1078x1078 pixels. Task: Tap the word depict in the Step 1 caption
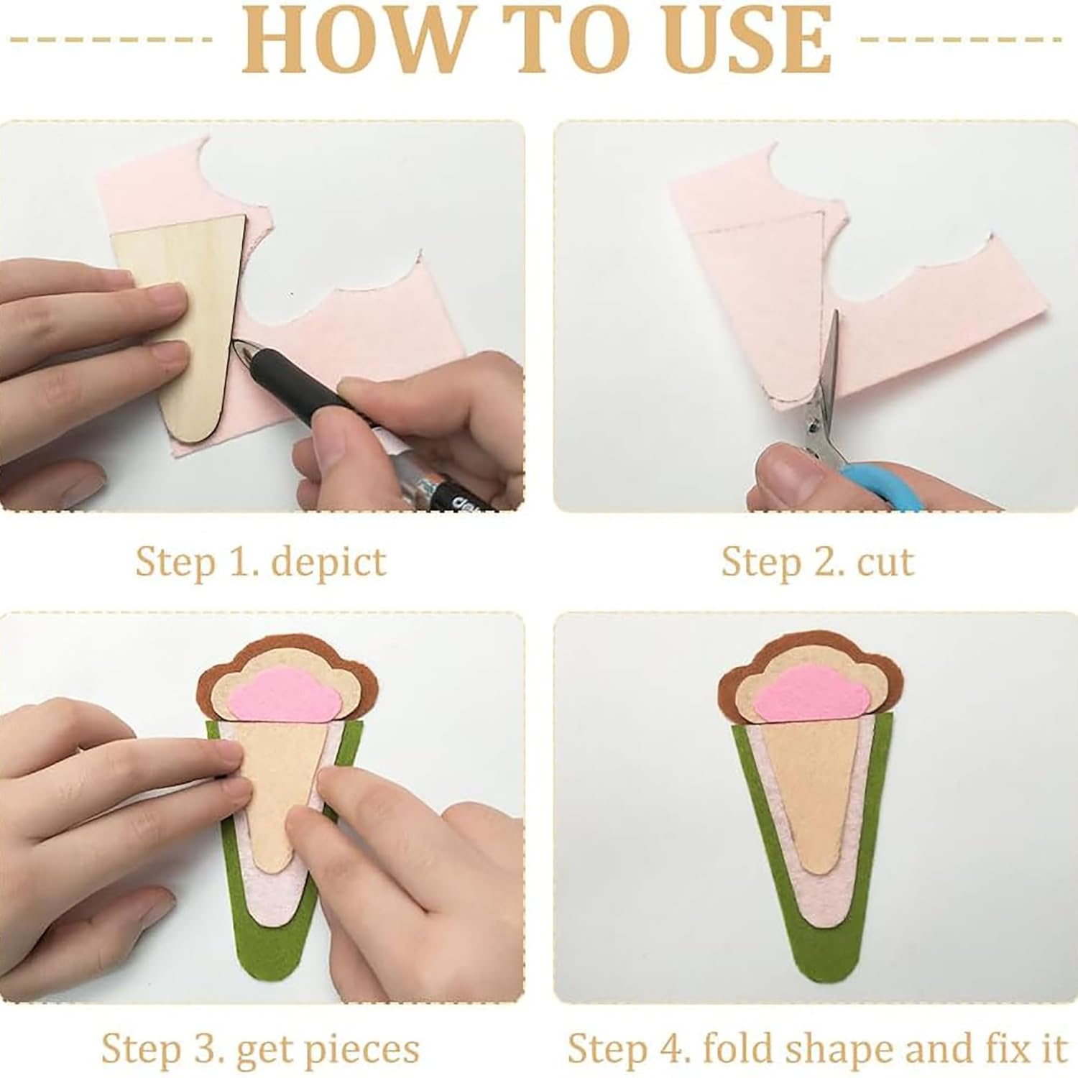[328, 561]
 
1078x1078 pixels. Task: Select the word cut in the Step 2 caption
[885, 561]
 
